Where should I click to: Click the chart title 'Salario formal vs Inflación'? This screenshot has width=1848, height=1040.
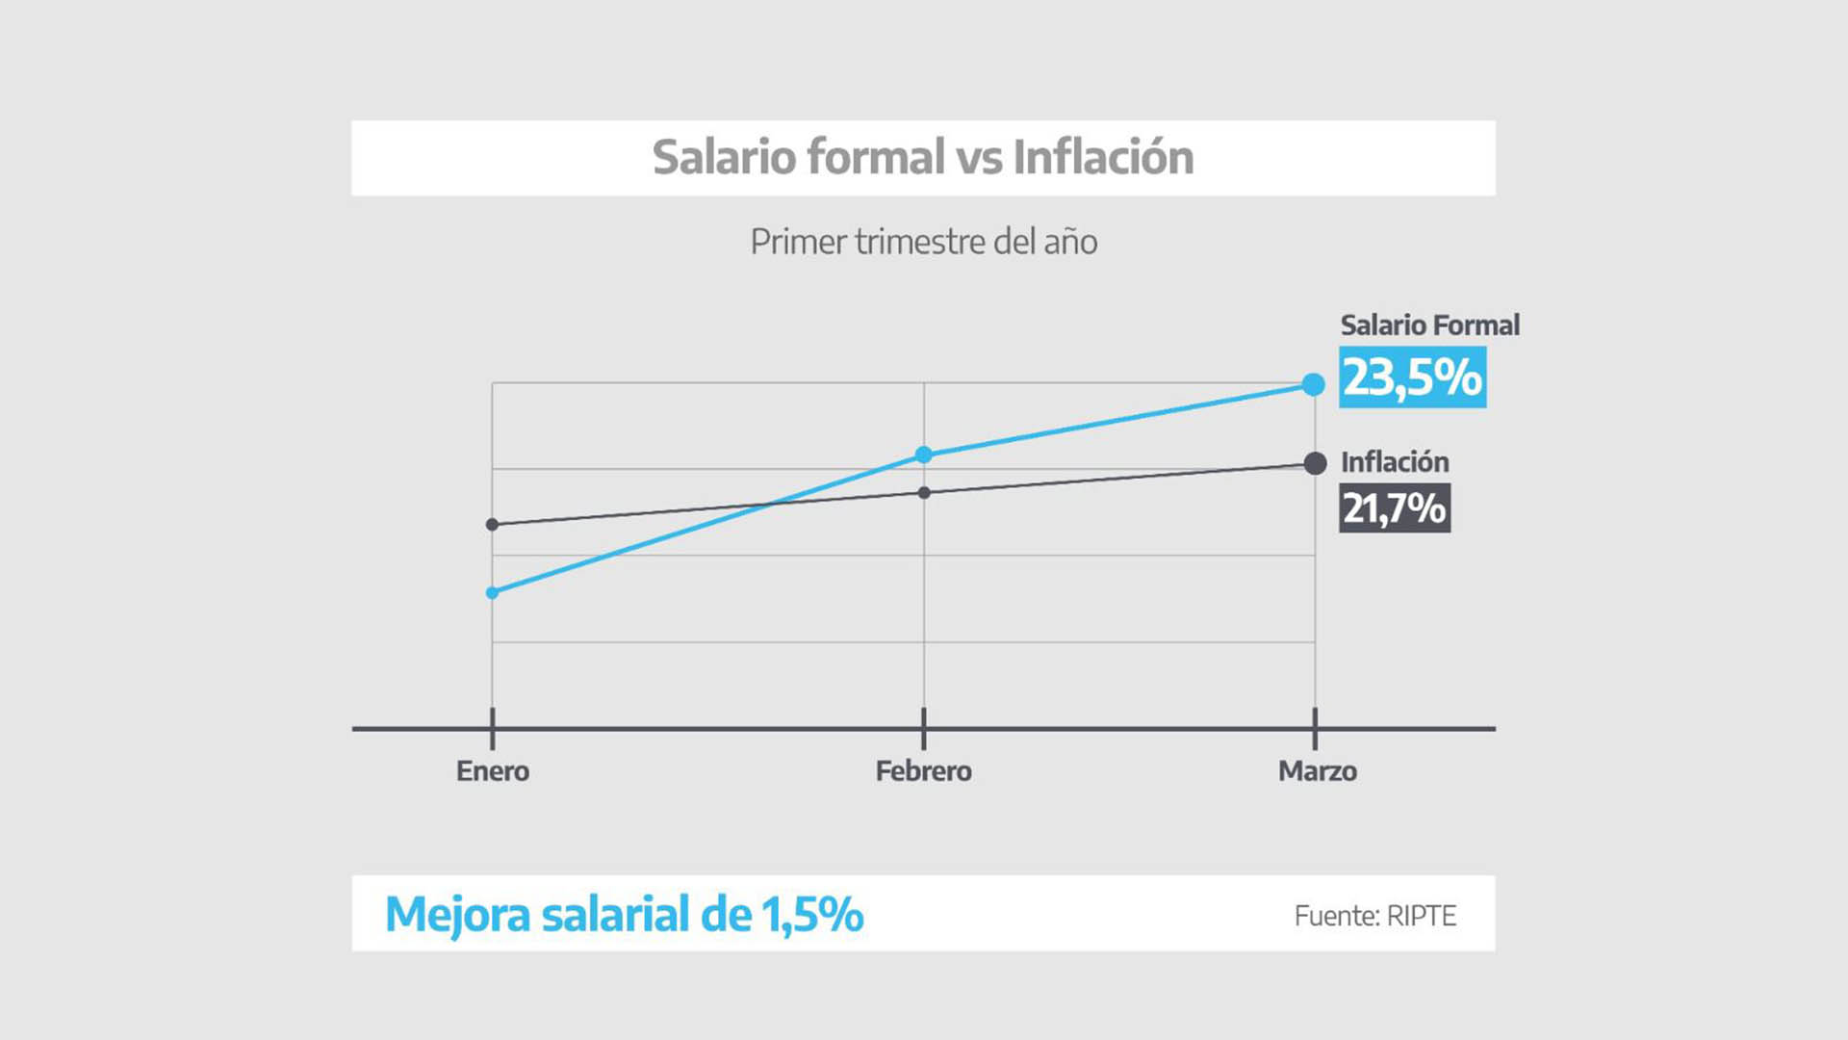[x=922, y=157]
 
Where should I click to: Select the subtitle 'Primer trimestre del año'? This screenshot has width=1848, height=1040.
[x=923, y=242]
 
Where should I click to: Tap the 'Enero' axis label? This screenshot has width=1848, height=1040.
[x=492, y=771]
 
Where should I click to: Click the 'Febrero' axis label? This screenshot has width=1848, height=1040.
[x=923, y=771]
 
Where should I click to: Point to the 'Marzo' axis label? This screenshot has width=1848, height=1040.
[x=1317, y=771]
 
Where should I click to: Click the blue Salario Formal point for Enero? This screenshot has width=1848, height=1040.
[x=492, y=593]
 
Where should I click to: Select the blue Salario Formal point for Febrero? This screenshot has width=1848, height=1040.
[x=923, y=455]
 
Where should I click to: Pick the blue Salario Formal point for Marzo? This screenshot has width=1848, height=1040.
[x=1314, y=385]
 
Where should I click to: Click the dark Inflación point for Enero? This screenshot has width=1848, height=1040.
[x=492, y=525]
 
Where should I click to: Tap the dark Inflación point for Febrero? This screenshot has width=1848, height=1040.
[x=924, y=493]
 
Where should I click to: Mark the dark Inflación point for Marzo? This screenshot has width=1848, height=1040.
[x=1315, y=464]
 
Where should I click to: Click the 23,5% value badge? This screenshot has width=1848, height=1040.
[x=1412, y=377]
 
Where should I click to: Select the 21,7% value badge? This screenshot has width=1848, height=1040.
[x=1395, y=508]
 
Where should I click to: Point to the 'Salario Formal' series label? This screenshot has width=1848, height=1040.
[x=1429, y=325]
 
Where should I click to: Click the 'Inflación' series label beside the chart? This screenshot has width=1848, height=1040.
[x=1395, y=462]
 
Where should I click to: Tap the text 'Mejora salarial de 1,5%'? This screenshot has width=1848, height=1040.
[x=624, y=914]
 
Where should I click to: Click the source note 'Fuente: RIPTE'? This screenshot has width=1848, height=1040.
[x=1374, y=916]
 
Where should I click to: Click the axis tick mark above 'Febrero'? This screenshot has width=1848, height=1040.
[x=924, y=729]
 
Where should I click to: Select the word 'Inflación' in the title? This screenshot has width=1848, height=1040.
[x=1103, y=157]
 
